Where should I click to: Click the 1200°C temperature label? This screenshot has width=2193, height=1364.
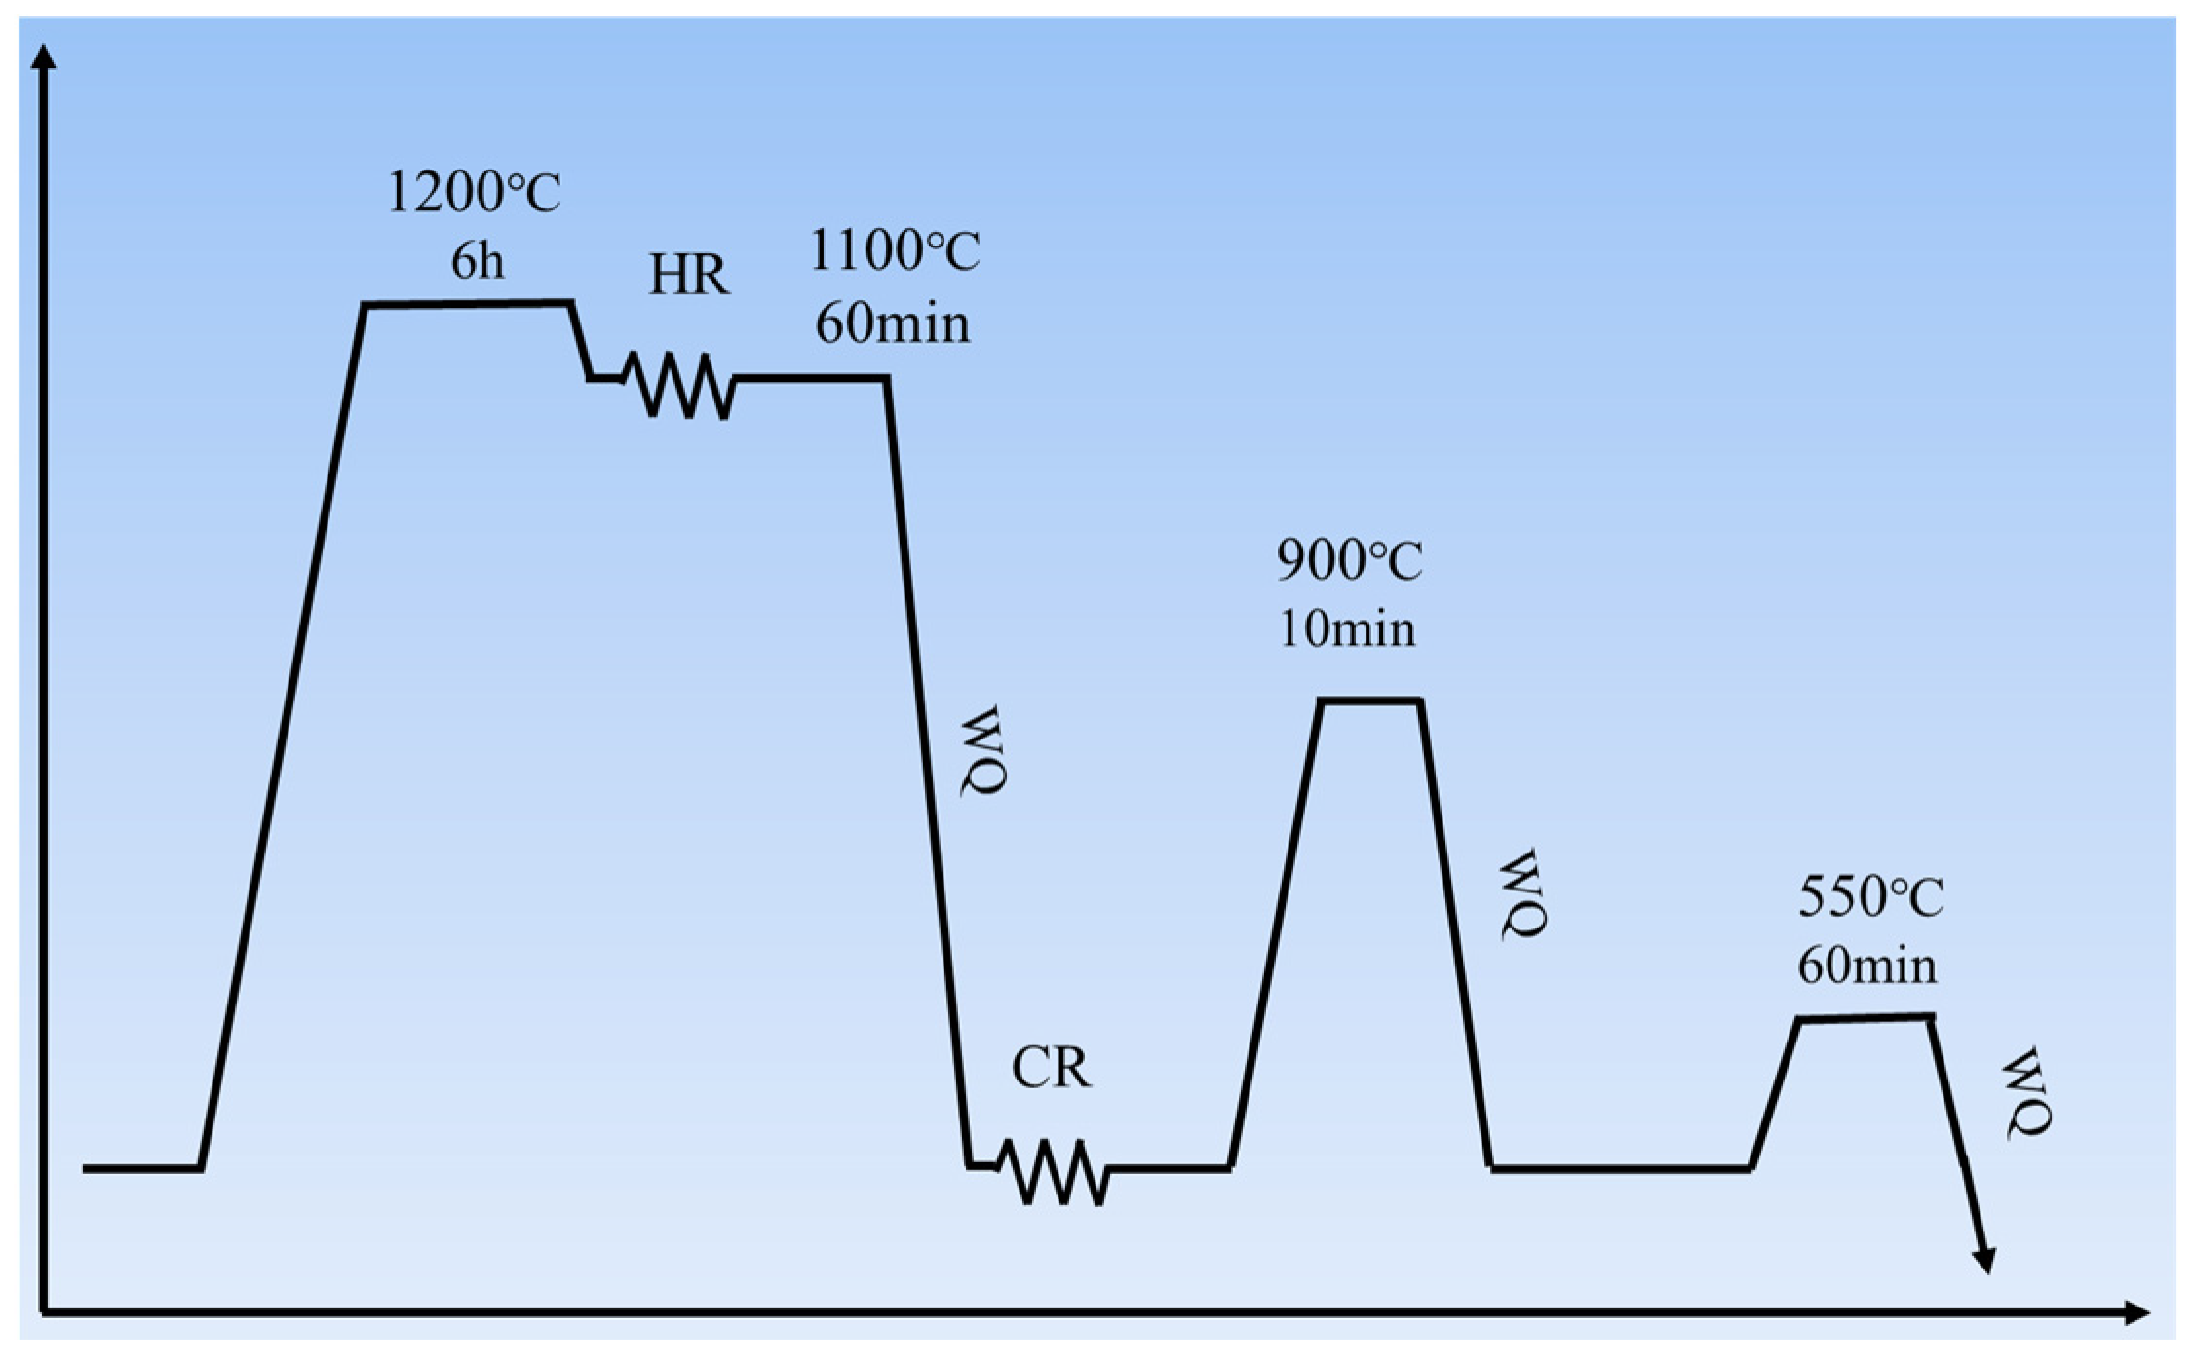click(475, 192)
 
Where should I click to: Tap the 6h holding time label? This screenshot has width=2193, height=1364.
click(478, 261)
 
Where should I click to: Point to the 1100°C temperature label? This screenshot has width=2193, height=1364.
click(895, 250)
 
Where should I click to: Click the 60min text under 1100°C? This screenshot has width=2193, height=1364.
click(893, 322)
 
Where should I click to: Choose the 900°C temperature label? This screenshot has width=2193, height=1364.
click(1350, 560)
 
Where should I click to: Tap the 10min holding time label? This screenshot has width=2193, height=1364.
click(1347, 628)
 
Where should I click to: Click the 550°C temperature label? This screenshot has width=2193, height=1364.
click(1870, 896)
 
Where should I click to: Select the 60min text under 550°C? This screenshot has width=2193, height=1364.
click(1867, 966)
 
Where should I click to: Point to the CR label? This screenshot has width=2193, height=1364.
click(1052, 1068)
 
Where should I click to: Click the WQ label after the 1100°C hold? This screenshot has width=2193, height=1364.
click(982, 751)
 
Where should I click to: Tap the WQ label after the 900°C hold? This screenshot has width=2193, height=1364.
click(1522, 893)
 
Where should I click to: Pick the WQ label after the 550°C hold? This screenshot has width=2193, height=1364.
click(2027, 1093)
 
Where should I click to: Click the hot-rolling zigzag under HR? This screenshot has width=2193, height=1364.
click(679, 385)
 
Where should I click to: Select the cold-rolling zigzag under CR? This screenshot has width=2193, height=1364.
click(1053, 1172)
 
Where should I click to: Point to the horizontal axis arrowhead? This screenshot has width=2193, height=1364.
click(2136, 1313)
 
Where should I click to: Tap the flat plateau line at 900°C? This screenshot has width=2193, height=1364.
click(1369, 701)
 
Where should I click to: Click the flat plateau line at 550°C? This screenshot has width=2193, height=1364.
click(1865, 1018)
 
